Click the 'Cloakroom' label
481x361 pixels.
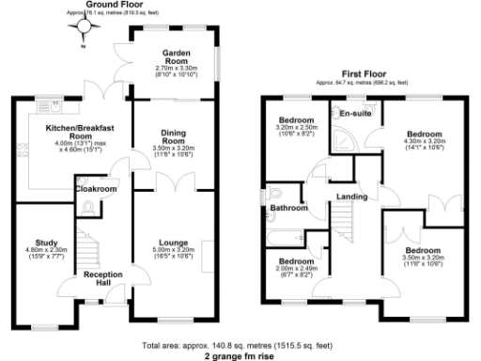pyautogui.click(x=96, y=189)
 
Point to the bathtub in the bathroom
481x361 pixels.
pyautogui.click(x=283, y=235)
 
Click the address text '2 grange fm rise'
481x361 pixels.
pyautogui.click(x=240, y=356)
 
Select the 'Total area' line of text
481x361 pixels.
pyautogui.click(x=240, y=346)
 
